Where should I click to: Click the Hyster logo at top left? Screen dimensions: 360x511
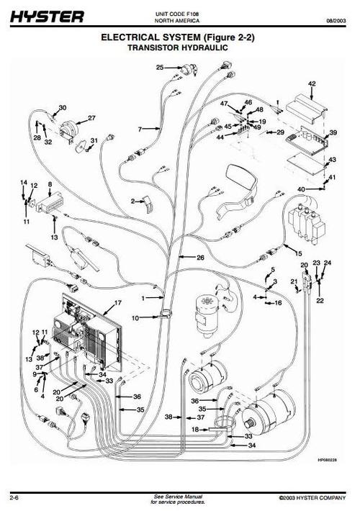[47, 17]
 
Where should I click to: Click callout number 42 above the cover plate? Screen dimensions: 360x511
[312, 83]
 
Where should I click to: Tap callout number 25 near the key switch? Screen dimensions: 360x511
[160, 68]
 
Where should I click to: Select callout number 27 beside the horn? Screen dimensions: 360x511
[91, 117]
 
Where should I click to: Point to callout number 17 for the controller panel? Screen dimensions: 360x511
[117, 302]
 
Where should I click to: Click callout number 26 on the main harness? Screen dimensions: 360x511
[200, 258]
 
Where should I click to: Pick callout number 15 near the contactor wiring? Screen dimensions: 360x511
[298, 253]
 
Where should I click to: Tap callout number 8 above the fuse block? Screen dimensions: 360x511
[50, 184]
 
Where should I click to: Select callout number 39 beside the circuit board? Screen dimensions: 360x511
[333, 132]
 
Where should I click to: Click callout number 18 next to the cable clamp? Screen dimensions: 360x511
[195, 430]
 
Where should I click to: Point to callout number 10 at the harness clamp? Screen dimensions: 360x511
[135, 317]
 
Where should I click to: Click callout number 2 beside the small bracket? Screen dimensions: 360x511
[132, 201]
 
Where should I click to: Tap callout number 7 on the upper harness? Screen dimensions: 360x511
[140, 130]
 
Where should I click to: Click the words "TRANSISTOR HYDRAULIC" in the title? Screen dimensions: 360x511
[178, 48]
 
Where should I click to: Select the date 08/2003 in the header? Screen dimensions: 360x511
[336, 21]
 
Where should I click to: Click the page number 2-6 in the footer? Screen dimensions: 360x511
[14, 497]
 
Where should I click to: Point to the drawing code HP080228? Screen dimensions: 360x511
[327, 460]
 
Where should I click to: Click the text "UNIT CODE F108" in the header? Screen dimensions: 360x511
[177, 14]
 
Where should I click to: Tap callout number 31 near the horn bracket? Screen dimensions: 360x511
[94, 140]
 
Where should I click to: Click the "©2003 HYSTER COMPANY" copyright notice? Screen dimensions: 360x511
[312, 498]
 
